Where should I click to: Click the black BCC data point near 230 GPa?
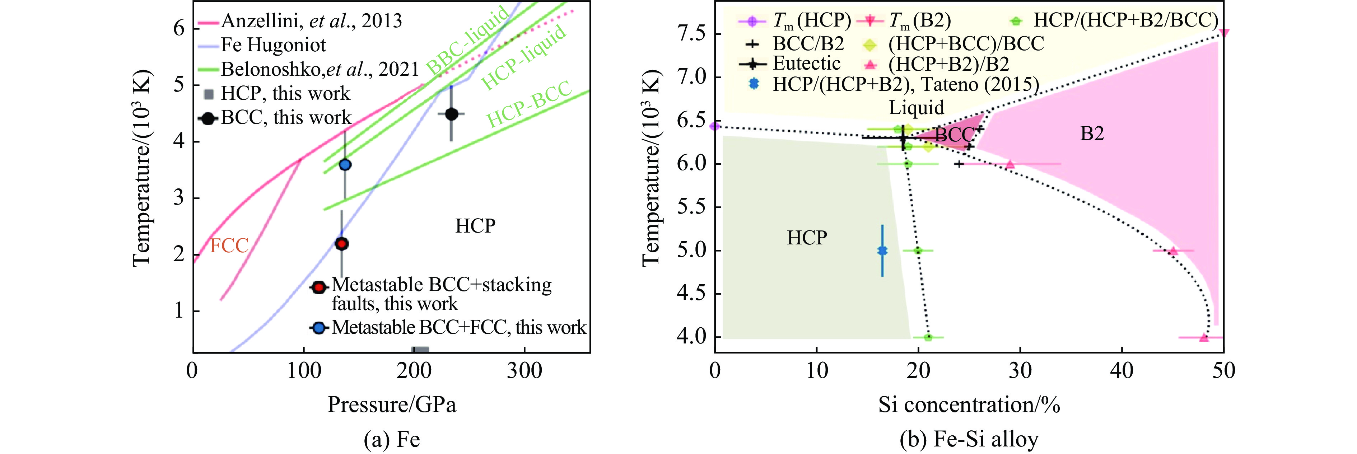452,114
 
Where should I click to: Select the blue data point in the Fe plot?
345,164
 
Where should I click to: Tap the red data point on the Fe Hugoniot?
342,244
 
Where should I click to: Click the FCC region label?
229,245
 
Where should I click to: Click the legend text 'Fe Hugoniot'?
273,45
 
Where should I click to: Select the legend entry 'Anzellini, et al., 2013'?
311,21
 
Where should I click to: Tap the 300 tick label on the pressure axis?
524,371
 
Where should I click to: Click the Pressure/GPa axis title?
391,404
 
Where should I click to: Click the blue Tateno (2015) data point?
882,251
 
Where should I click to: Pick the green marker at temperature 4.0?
928,337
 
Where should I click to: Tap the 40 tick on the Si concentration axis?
1121,371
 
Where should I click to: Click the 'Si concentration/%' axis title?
969,404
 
